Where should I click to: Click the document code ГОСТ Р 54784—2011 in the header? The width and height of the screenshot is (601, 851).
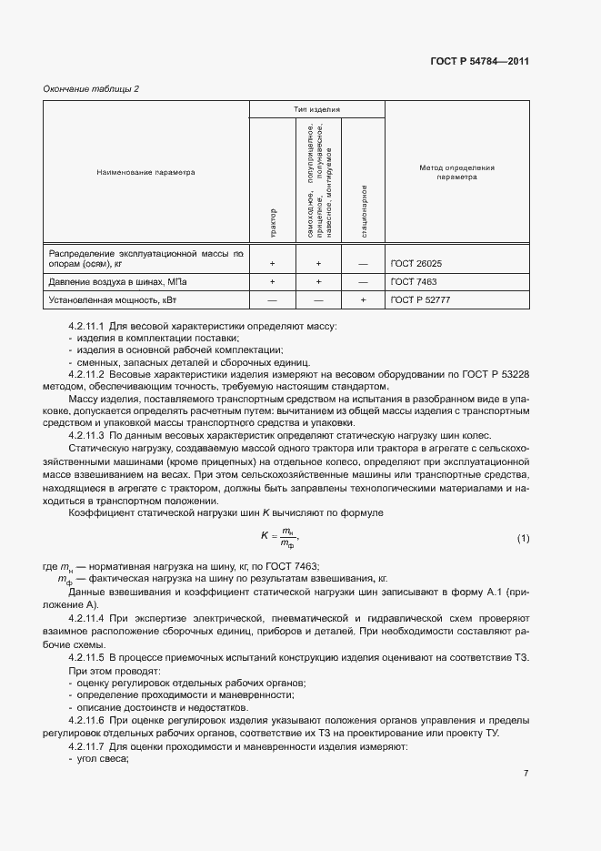tap(479, 62)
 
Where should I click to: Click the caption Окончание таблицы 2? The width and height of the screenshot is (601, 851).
tap(91, 88)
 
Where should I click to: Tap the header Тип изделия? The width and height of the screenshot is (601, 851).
tap(317, 109)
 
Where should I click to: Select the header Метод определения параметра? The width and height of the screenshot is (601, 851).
tap(456, 172)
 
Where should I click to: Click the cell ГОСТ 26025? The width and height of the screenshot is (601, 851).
tap(416, 264)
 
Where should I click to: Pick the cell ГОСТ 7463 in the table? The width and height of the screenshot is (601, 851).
tap(414, 282)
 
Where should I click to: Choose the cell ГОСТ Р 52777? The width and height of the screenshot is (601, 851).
tap(420, 299)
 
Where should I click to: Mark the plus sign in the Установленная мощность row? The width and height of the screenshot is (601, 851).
tap(363, 299)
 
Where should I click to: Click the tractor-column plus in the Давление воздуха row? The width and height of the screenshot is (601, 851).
tap(273, 282)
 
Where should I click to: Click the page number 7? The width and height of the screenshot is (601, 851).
tap(526, 774)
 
